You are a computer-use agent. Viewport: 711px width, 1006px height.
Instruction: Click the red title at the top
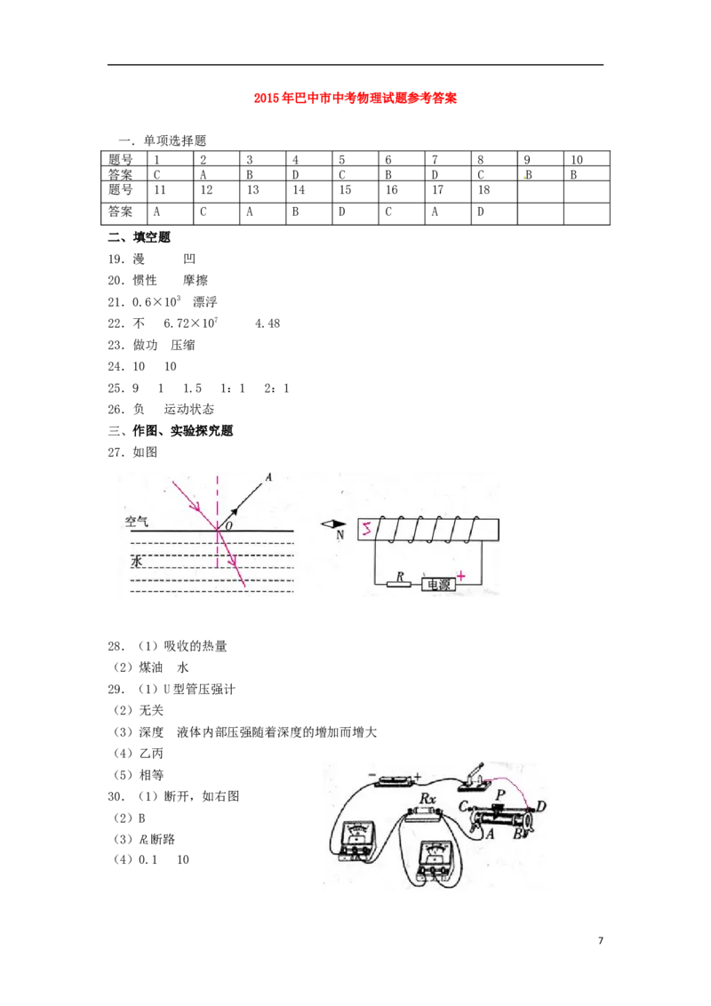[355, 99]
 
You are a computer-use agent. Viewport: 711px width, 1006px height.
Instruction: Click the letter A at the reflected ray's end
[268, 478]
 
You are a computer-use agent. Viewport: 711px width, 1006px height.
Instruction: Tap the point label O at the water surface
[228, 527]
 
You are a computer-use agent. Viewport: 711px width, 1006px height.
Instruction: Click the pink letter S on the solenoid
[364, 531]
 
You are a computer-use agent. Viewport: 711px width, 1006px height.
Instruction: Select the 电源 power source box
[438, 585]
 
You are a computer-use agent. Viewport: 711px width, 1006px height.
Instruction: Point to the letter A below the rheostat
[488, 833]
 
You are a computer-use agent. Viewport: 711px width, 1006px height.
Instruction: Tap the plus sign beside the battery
[418, 777]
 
